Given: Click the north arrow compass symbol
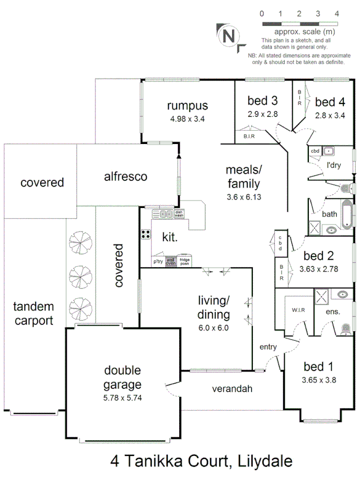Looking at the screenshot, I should coord(229,36).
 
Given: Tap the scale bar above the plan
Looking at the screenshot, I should coord(300,23).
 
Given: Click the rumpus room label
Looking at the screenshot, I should coord(187,106).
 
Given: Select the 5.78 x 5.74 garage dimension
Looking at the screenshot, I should coord(123,397).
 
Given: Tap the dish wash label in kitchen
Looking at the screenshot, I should coord(179,213).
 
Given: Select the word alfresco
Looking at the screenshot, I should coord(126,177).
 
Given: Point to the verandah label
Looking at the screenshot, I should coord(232,389).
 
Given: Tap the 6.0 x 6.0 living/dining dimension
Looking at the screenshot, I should coord(213,328).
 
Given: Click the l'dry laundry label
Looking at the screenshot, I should coord(333,165).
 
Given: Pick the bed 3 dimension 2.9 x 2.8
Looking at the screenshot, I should coord(262,114).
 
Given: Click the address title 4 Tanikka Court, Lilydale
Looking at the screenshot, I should coord(202,461).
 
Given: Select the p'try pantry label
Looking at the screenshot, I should coord(158,262).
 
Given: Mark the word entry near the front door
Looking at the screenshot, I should coord(268,347).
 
